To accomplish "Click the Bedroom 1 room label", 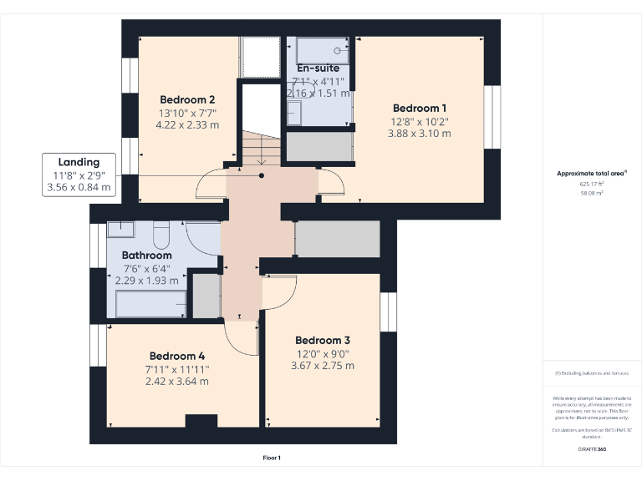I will [420, 108].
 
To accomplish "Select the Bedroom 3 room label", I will [322, 340].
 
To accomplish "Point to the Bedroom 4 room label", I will [176, 355].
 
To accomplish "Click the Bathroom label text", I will [146, 255].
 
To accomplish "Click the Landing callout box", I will [79, 175].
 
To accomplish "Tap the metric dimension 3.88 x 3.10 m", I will [420, 134].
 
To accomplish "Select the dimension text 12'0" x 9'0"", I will [322, 353].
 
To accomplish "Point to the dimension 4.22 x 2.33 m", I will [187, 125].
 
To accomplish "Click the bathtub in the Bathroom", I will [149, 304].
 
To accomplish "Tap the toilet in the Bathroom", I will [162, 231].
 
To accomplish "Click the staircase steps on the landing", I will [261, 148].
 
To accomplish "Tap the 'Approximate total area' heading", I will [591, 174].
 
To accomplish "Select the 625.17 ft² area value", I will [591, 184].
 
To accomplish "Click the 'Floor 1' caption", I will [272, 458].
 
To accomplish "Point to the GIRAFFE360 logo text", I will [591, 450].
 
